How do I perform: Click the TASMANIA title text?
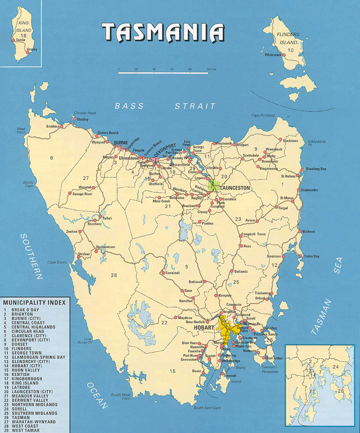click(163, 32)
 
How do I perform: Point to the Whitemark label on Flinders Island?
click(273, 54)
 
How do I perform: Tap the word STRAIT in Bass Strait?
click(195, 106)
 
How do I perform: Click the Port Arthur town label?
click(275, 358)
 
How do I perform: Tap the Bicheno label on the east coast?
click(309, 232)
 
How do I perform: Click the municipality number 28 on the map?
click(114, 275)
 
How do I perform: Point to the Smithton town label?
click(53, 126)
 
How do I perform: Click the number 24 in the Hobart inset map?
click(335, 366)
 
